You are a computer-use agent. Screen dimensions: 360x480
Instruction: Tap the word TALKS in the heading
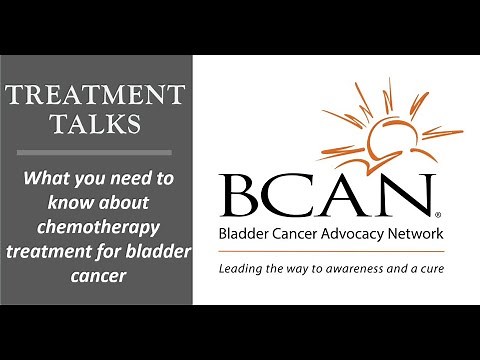96,126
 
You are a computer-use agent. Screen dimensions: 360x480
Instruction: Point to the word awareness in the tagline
352,270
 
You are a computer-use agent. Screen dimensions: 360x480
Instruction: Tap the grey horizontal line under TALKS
96,153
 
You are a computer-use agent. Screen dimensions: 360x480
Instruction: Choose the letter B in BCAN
238,198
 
